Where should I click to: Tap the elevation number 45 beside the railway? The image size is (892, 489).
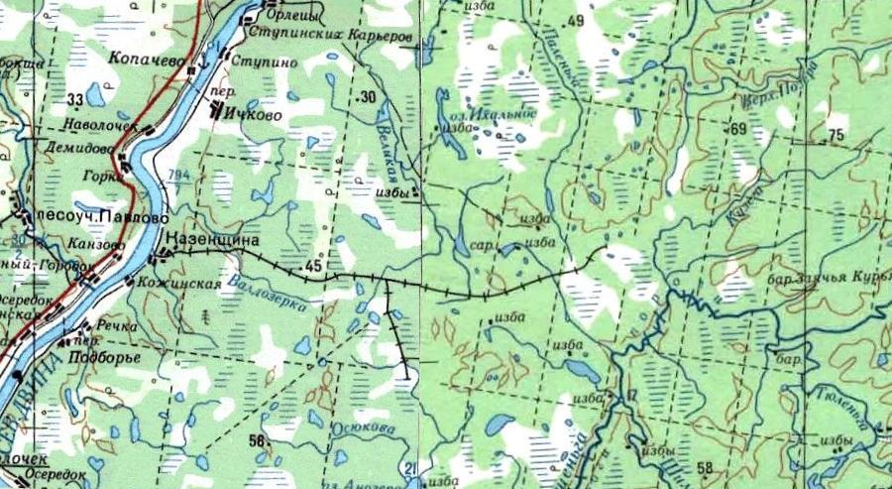(315, 265)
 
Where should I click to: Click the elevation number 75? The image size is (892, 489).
(835, 135)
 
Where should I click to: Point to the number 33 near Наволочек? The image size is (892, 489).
(75, 100)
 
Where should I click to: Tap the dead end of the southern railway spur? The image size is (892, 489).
(406, 376)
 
